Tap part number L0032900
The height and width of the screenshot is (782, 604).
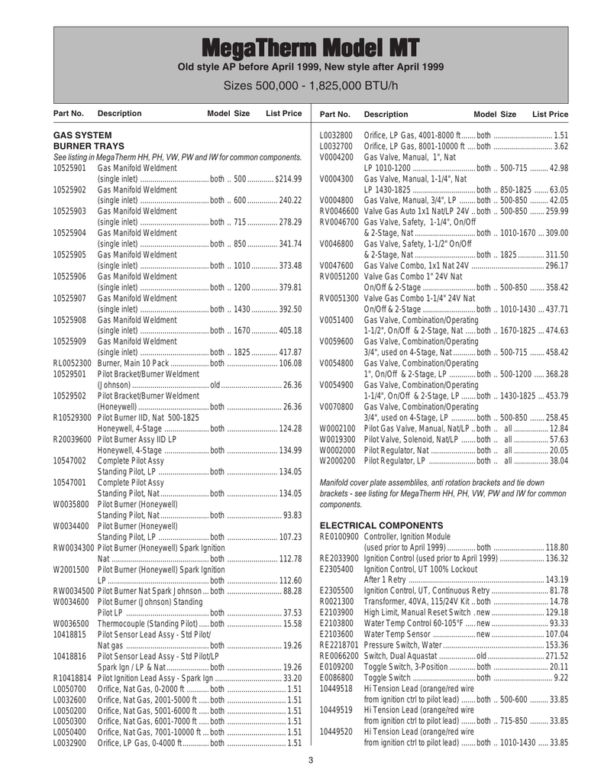(71, 700)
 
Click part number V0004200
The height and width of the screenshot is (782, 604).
(336, 157)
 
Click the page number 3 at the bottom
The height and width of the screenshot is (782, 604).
(311, 758)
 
